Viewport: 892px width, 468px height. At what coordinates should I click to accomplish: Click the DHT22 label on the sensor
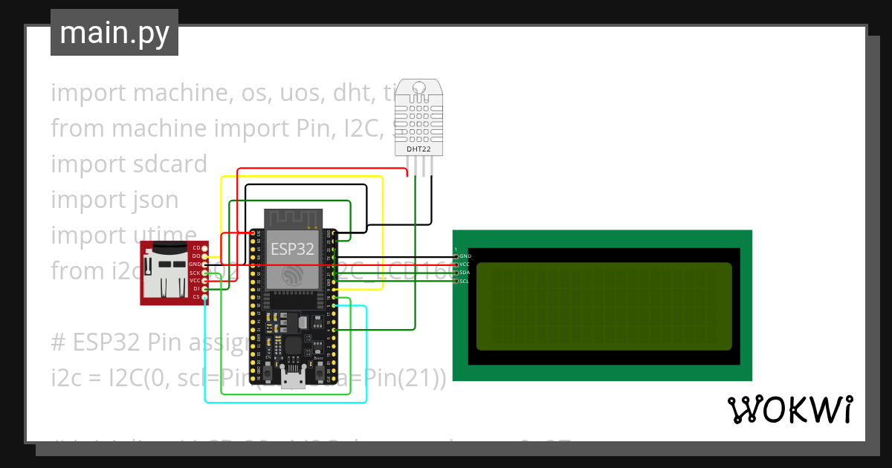418,149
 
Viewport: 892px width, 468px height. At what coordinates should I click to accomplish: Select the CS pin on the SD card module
206,297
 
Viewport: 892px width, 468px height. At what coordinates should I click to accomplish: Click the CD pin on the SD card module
206,247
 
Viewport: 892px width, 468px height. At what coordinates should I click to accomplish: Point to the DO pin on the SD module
206,256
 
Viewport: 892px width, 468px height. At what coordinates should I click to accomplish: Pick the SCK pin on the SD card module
206,273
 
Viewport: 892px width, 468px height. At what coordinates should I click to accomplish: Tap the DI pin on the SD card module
206,289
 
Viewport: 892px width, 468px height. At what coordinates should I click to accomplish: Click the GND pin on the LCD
456,256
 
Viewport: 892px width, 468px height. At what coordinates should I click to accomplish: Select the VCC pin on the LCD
456,264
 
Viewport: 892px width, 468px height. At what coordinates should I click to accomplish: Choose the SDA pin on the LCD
456,273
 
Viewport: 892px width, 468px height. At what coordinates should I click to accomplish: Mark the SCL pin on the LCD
456,281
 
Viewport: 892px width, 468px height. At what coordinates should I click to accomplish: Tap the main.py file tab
114,33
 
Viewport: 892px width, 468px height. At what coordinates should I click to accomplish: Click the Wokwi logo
789,409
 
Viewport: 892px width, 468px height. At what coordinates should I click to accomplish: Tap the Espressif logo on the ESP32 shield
291,274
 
